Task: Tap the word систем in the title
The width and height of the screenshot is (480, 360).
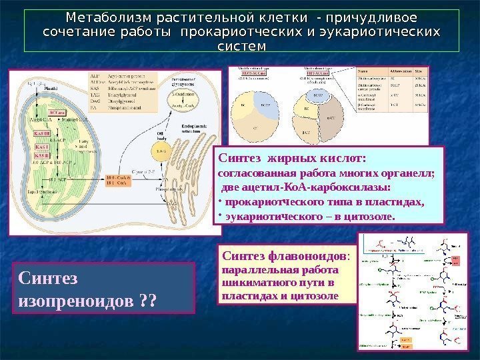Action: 241,46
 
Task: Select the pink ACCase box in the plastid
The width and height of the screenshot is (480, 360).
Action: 57,113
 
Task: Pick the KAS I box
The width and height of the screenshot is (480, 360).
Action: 41,147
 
